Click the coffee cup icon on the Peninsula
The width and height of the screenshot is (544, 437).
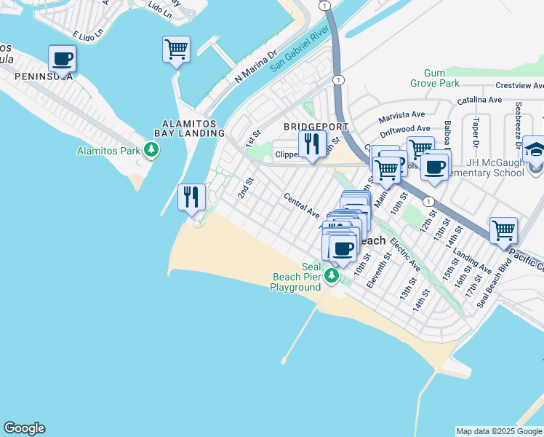coord(62,58)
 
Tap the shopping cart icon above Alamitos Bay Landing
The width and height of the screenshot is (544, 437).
coord(176,50)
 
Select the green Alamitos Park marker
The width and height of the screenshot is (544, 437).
coord(151,151)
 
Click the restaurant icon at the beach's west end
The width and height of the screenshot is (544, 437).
coord(192,197)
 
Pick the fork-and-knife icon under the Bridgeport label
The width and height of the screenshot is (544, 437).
coord(312,143)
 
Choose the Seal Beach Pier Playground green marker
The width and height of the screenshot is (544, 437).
coord(332,275)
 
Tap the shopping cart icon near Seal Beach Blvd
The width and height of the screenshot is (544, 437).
coord(503,231)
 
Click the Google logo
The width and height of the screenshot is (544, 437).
coord(24,428)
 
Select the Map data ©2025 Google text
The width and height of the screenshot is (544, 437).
coord(499,431)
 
